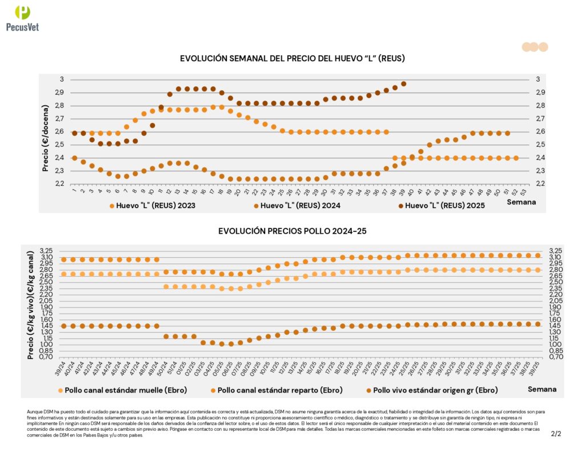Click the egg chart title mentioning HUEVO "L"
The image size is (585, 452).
[292, 59]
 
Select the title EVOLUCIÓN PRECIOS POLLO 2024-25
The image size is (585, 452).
[292, 231]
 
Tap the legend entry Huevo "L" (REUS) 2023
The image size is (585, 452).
[151, 205]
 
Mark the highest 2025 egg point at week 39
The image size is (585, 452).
[403, 83]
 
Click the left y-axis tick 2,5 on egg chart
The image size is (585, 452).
[59, 145]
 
